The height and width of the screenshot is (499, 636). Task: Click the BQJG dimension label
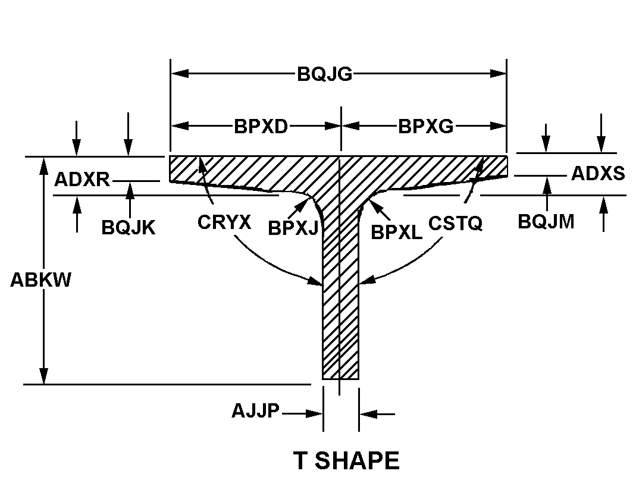(x=324, y=74)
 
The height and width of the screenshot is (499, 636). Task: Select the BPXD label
(x=261, y=127)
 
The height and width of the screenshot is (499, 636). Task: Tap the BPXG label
(x=425, y=127)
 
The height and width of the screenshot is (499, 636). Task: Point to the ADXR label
(x=82, y=180)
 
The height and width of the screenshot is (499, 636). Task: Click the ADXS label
(x=598, y=174)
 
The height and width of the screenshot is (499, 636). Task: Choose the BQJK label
(x=128, y=228)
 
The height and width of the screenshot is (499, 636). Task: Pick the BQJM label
(x=546, y=222)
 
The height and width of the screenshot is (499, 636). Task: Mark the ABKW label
(x=40, y=280)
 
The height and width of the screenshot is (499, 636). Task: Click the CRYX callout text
(x=224, y=222)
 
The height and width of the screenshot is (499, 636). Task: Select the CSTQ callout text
(x=455, y=224)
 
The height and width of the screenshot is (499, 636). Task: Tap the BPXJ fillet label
(x=293, y=228)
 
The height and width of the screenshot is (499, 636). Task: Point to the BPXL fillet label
(x=397, y=233)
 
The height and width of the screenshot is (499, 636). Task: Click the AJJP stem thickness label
(x=256, y=411)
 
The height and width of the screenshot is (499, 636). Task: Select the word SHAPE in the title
(x=357, y=461)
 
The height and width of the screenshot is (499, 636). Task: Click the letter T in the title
(x=300, y=461)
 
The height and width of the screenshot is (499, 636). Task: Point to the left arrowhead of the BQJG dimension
(x=179, y=73)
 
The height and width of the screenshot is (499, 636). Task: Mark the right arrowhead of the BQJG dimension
(x=498, y=73)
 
